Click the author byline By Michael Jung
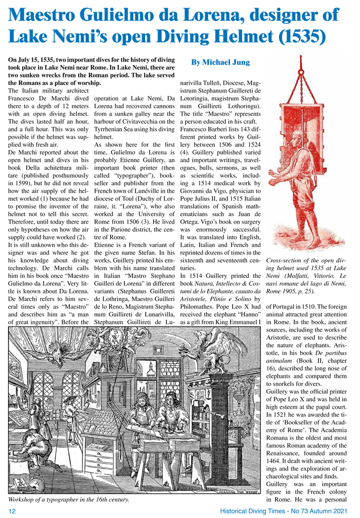pyautogui.click(x=220, y=62)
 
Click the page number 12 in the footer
pyautogui.click(x=13, y=511)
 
